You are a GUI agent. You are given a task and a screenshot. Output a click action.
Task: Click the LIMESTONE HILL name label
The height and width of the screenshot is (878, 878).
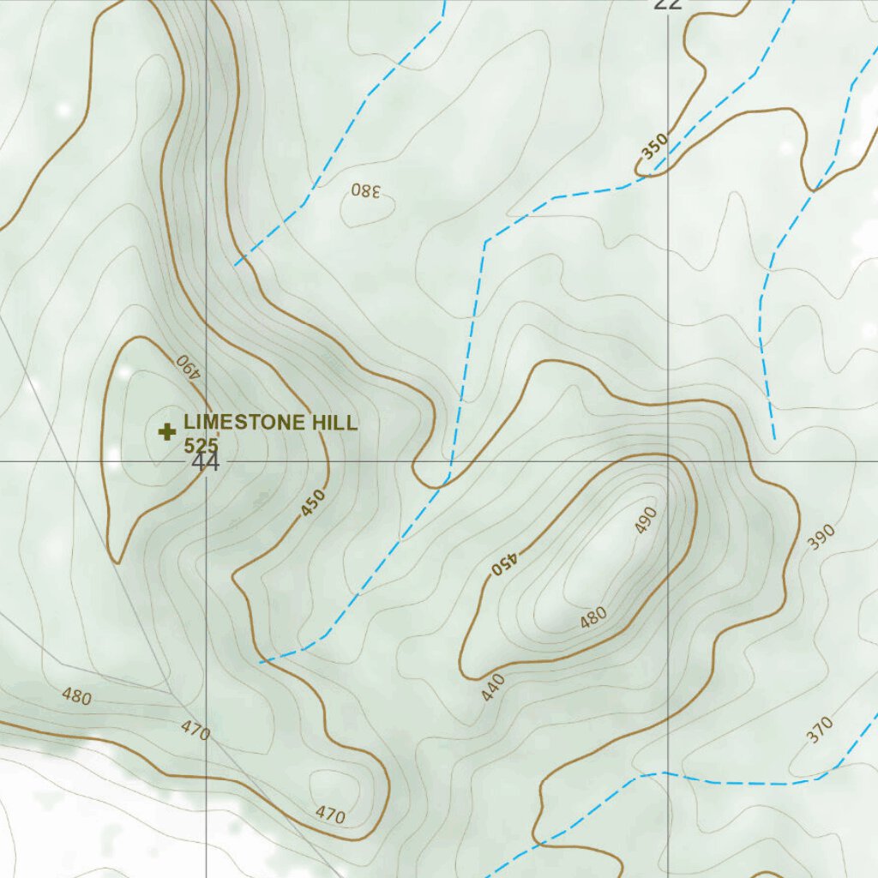[x=270, y=423]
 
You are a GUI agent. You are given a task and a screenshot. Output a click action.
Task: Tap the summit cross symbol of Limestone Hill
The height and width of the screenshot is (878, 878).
[x=166, y=431]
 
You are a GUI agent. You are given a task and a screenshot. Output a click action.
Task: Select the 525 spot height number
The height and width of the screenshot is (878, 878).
[x=201, y=445]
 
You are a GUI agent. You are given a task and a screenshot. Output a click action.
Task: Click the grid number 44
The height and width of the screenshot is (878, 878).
[x=206, y=463]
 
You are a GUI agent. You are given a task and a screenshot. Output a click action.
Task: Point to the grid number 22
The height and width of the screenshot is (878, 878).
[x=668, y=3]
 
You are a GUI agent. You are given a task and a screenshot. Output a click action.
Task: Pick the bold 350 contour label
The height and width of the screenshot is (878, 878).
[x=653, y=147]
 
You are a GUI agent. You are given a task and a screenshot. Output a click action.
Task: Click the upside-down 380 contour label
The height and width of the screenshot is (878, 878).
[x=365, y=190]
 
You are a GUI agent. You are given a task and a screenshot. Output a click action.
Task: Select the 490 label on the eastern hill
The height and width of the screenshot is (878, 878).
[x=646, y=520]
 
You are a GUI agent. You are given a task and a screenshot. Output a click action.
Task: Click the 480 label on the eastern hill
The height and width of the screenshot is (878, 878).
[x=593, y=616]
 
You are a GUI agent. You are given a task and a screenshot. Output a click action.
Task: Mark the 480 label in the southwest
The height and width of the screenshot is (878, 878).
[x=76, y=696]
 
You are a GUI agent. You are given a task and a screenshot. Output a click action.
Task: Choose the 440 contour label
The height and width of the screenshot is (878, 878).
[x=492, y=688]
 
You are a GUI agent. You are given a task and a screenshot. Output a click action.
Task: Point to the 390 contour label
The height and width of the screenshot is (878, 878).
[x=821, y=537]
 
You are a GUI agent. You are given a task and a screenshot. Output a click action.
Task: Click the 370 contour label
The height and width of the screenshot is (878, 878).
[x=820, y=730]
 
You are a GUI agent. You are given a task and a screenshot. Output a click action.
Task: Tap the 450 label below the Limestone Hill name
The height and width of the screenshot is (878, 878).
[x=313, y=503]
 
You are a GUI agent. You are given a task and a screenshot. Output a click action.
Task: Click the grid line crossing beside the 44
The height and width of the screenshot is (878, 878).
[x=207, y=461]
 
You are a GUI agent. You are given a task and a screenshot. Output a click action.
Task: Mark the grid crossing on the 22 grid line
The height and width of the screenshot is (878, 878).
[x=669, y=461]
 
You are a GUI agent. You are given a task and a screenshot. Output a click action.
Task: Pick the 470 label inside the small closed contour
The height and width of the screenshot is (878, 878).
[x=330, y=815]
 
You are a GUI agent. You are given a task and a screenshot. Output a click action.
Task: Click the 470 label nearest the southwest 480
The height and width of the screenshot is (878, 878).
[x=195, y=731]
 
